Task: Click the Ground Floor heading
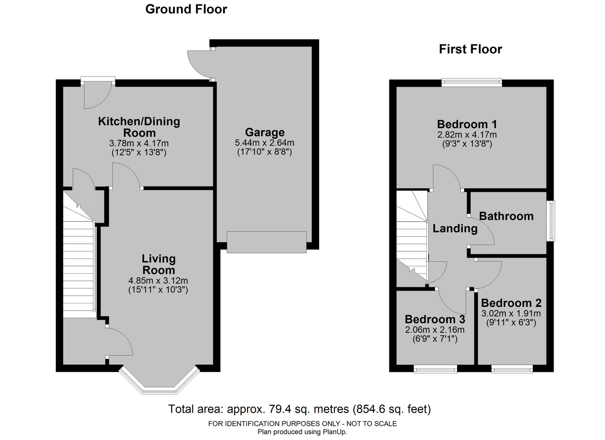coord(186,9)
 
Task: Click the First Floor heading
coord(470,49)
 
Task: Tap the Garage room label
coord(265,132)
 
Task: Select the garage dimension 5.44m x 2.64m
coord(265,143)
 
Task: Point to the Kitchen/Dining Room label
coord(139,127)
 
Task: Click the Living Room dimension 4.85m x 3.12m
coord(158,280)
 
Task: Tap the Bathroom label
coord(506,216)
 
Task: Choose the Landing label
coord(455,229)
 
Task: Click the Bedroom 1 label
coord(467,124)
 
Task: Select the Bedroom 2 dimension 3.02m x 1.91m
coord(511,313)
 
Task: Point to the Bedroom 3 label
coord(435,319)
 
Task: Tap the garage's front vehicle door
coord(267,242)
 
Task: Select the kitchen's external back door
coord(98,93)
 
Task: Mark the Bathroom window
coord(551,221)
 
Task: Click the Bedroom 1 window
coord(472,82)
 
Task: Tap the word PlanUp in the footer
coord(335,432)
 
